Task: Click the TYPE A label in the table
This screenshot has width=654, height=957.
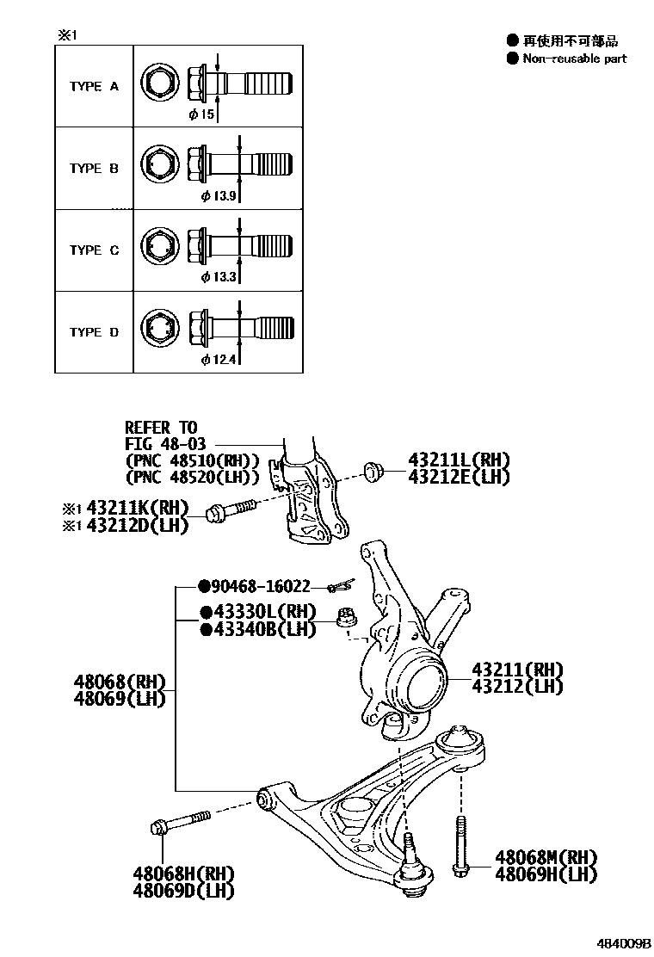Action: coord(94,87)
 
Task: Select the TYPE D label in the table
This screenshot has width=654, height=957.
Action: coord(94,332)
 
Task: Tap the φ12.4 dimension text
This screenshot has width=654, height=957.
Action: coord(219,359)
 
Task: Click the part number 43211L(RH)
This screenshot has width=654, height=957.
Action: coord(447,460)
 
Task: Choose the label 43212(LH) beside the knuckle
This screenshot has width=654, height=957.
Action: coord(516,686)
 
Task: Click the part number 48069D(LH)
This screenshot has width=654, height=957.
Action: coord(183,891)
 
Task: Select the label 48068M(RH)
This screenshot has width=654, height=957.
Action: coord(546,858)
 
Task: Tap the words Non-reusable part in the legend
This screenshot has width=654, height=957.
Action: coord(574,59)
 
